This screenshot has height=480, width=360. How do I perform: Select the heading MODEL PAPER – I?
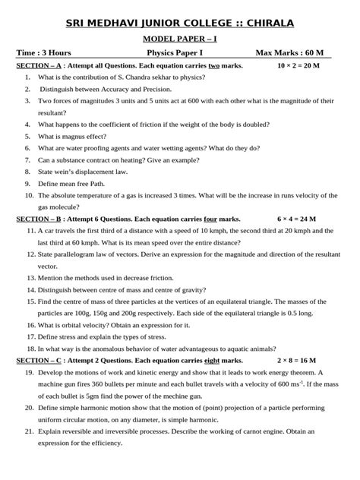click(x=180, y=37)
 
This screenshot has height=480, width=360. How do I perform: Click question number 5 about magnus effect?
click(x=27, y=136)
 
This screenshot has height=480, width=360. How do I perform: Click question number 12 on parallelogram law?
click(x=29, y=254)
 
